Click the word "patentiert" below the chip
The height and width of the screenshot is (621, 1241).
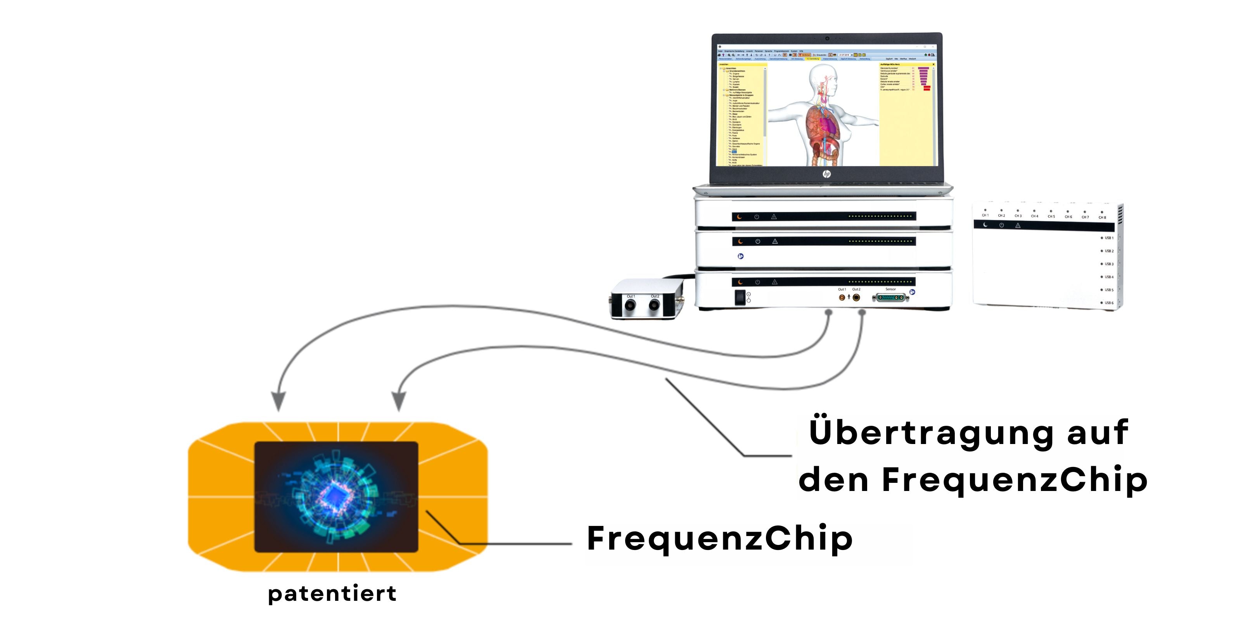(x=332, y=593)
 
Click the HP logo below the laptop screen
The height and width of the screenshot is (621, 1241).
(x=827, y=174)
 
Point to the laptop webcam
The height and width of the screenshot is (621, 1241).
(x=827, y=38)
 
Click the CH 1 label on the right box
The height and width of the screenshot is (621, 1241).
(x=985, y=215)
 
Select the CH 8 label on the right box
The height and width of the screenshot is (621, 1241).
(x=1102, y=217)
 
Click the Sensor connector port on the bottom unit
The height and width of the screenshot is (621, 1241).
(x=890, y=298)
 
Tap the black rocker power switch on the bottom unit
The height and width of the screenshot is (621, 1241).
(x=740, y=297)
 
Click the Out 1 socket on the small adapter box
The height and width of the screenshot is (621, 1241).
(x=630, y=305)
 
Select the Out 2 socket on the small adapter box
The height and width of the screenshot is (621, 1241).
(x=654, y=305)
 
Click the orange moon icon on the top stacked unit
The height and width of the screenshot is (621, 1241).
(x=740, y=217)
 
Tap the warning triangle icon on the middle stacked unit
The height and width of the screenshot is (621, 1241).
(x=775, y=241)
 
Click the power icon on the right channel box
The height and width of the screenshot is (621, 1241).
(x=1002, y=225)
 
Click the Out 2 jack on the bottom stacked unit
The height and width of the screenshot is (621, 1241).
(x=856, y=297)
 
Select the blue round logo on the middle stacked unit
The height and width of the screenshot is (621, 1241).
(x=740, y=256)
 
